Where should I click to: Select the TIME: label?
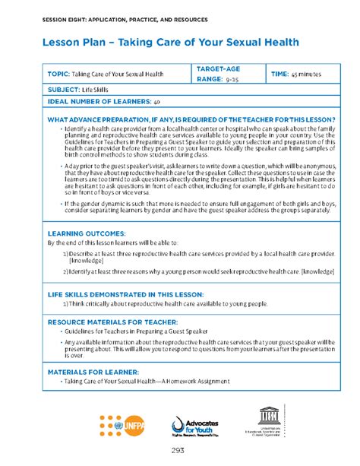tap(281, 74)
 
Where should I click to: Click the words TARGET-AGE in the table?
tap(219, 69)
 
